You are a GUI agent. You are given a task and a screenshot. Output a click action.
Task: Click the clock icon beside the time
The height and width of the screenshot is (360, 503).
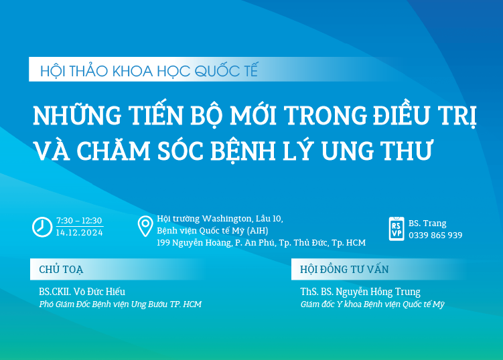pos(42,227)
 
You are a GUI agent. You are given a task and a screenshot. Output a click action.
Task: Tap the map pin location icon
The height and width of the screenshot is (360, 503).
pos(145,227)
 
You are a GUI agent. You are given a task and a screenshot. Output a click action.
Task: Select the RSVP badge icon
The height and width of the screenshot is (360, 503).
pos(397,229)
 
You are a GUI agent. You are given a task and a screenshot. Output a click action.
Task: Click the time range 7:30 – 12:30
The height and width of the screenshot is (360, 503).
pos(79,221)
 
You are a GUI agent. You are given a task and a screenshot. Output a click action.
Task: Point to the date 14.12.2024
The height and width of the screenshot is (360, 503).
pos(79,232)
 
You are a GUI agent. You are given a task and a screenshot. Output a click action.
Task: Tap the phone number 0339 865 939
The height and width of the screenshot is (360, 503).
pos(435,235)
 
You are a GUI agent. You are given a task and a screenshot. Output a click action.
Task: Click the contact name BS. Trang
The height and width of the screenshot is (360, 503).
pos(427,223)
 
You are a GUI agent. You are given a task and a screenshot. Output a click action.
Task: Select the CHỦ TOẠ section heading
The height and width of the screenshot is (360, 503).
pos(61,270)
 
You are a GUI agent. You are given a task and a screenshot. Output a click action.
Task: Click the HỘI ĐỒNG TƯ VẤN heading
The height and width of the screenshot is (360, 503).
pos(345,270)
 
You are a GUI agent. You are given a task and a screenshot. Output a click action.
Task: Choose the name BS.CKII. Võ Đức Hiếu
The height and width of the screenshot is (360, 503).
pos(82,292)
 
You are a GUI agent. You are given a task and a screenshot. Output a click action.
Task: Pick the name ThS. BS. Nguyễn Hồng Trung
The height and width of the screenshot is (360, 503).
pos(360,292)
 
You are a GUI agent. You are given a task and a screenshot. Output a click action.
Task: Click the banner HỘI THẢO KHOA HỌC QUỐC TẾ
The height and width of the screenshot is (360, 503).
pos(149,70)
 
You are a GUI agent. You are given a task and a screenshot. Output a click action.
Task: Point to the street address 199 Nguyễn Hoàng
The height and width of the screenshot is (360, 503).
pos(194,242)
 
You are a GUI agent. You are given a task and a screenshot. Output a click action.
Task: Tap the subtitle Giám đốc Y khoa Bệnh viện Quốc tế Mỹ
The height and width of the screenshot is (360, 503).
pos(372,304)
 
